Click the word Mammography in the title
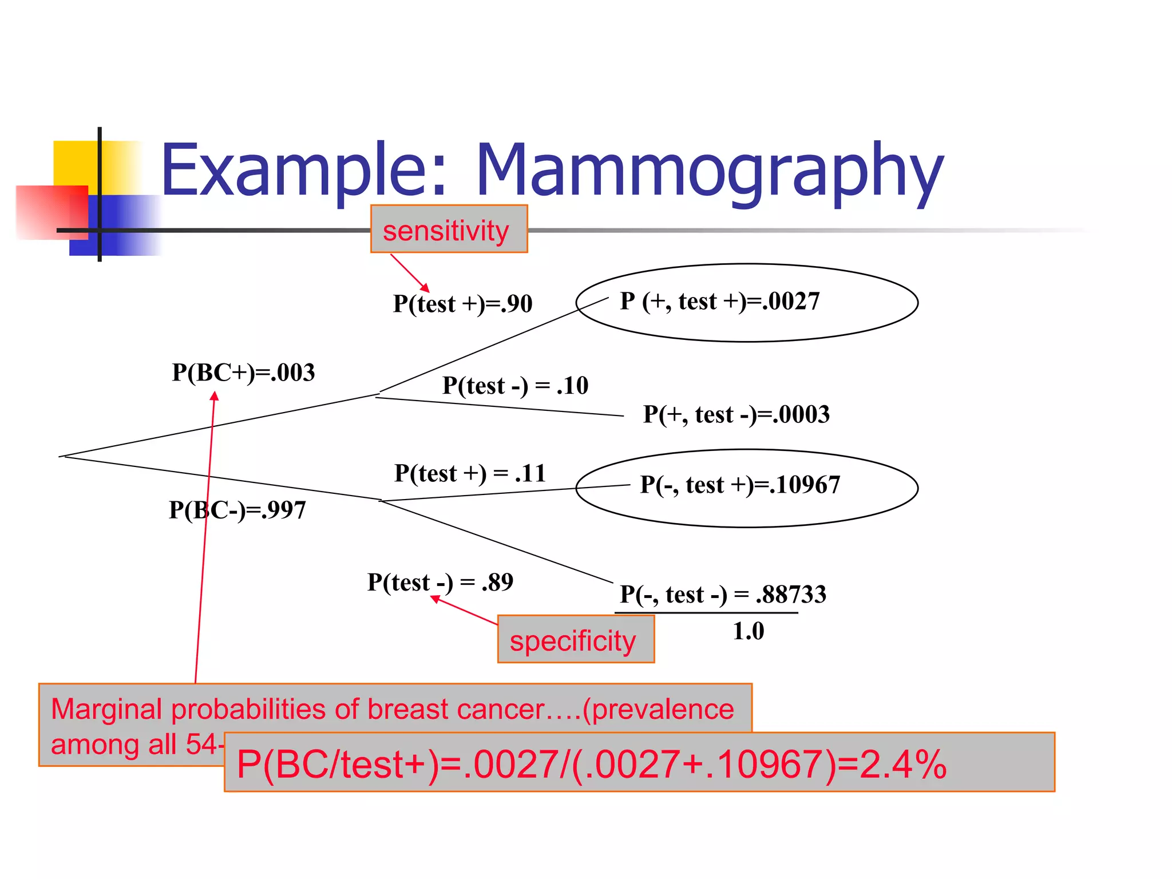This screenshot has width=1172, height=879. pyautogui.click(x=710, y=172)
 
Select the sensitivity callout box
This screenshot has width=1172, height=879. pyautogui.click(x=449, y=229)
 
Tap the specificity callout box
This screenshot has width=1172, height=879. pyautogui.click(x=575, y=639)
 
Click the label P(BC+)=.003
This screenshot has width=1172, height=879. pyautogui.click(x=243, y=373)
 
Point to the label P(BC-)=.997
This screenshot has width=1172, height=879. pyautogui.click(x=237, y=510)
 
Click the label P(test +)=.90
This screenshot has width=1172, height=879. pyautogui.click(x=462, y=304)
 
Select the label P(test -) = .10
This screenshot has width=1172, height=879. pyautogui.click(x=515, y=386)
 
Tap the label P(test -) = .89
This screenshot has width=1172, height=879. pyautogui.click(x=440, y=583)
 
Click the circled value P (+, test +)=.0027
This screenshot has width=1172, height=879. pyautogui.click(x=719, y=302)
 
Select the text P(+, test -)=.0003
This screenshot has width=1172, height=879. pyautogui.click(x=736, y=414)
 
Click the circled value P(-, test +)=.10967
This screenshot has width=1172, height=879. pyautogui.click(x=739, y=485)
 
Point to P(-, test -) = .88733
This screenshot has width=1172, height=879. pyautogui.click(x=723, y=595)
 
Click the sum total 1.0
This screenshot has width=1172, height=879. pyautogui.click(x=748, y=631)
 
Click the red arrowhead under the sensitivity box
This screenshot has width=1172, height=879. pyautogui.click(x=425, y=288)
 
